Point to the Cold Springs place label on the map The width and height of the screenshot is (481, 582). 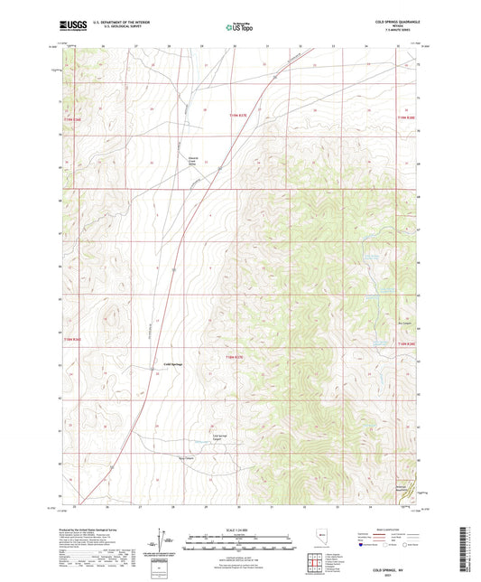tap(173, 365)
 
